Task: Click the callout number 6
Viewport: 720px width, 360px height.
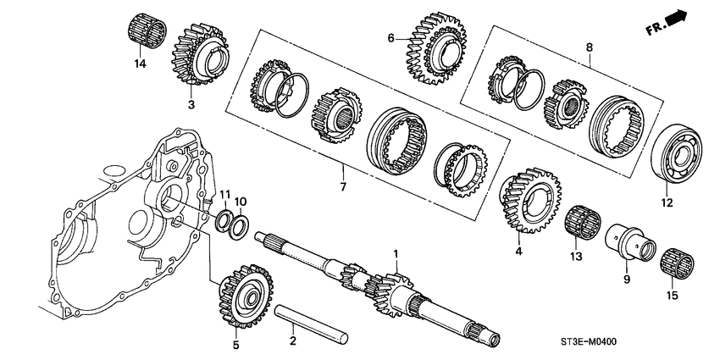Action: pos(390,38)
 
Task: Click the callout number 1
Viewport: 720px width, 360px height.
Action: pos(395,253)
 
